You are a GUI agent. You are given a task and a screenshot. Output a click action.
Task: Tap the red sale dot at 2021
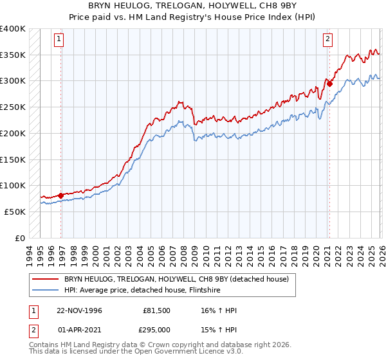[329, 83]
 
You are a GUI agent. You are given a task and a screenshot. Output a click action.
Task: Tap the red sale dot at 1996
[61, 195]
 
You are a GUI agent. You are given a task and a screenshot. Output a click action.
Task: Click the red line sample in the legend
[46, 279]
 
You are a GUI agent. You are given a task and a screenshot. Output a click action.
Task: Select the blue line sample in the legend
[46, 290]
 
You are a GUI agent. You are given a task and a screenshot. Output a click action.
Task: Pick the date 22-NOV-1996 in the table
[80, 310]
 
